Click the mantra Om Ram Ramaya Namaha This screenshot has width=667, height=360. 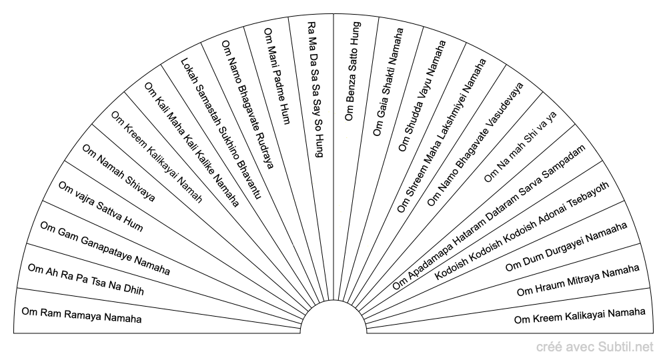81,315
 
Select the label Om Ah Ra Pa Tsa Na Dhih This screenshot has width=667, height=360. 86,279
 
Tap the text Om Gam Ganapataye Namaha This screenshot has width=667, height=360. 105,248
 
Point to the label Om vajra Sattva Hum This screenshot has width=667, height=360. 101,207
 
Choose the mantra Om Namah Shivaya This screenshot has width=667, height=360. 119,173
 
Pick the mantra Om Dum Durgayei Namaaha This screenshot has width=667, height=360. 566,247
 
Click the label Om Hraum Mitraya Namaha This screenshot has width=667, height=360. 578,280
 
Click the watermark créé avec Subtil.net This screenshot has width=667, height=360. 595,347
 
